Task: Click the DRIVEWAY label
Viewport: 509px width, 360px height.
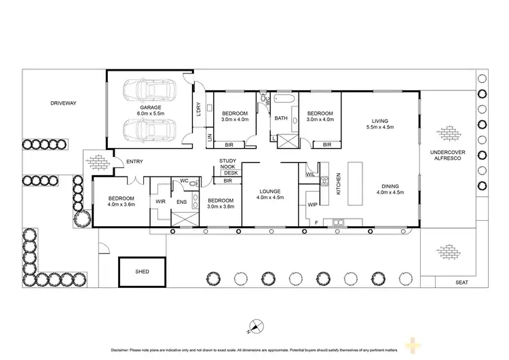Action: click(63, 103)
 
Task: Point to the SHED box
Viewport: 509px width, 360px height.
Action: click(142, 271)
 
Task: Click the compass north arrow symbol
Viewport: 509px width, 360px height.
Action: click(254, 327)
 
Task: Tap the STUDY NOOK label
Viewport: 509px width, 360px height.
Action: click(227, 164)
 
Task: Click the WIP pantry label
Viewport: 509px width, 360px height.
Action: click(312, 204)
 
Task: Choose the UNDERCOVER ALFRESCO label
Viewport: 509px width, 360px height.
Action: click(447, 156)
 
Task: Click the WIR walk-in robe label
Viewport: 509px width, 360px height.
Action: click(160, 202)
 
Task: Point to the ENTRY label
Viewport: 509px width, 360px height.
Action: click(134, 161)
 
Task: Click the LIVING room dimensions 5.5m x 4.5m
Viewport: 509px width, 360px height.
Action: click(379, 128)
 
